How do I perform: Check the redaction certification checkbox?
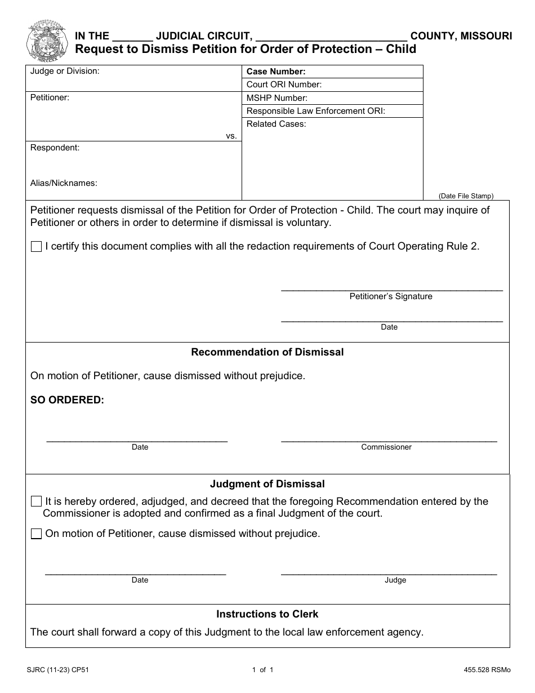[37, 247]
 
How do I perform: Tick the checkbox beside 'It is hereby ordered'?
[37, 501]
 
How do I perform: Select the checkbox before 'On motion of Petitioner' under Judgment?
[37, 534]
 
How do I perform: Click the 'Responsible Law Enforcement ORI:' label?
[315, 111]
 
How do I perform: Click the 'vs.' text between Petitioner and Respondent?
[231, 136]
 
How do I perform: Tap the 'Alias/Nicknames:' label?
[64, 183]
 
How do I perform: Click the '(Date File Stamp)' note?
[466, 196]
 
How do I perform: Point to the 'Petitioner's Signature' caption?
[391, 296]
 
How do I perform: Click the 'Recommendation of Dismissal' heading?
[267, 352]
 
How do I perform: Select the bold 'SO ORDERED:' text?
[67, 400]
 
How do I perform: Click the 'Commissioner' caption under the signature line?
[386, 447]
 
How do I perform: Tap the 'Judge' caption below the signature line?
[395, 580]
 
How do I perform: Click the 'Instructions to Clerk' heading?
[267, 614]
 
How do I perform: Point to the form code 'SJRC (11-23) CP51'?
[57, 670]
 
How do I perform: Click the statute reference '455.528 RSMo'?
[484, 670]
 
